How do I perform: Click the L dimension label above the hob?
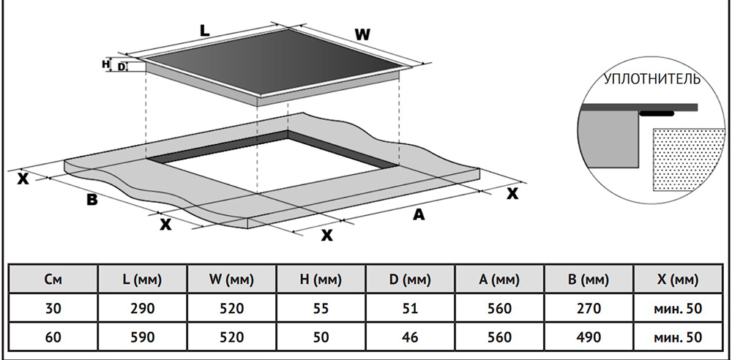[205, 31]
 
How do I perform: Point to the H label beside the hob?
[105, 64]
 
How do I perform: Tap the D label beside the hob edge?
[122, 67]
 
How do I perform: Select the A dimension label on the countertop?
[419, 214]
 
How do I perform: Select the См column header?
[53, 280]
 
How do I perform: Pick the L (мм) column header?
[143, 280]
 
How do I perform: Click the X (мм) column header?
[678, 280]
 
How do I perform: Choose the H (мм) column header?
[321, 280]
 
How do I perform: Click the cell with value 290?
[143, 309]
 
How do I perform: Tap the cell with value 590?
[143, 337]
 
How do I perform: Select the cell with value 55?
[321, 309]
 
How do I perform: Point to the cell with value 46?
[411, 337]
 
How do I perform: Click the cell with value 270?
[589, 309]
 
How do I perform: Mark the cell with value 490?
[589, 337]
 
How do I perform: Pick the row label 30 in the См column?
[53, 309]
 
